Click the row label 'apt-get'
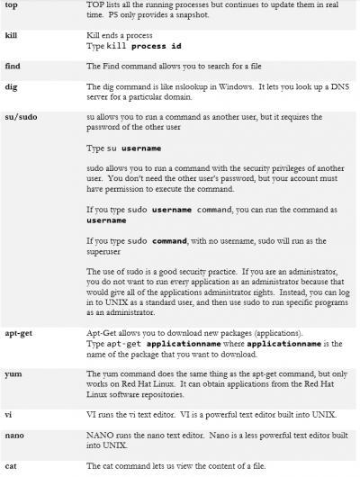[x=17, y=360]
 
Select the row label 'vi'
[x=7, y=437]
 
